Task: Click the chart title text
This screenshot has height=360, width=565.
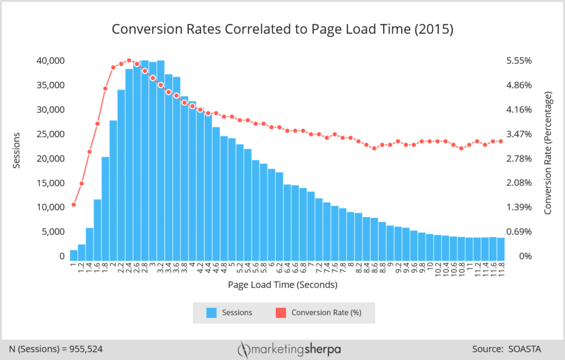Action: [x=282, y=29]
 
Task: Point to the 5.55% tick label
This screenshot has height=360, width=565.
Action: [x=519, y=61]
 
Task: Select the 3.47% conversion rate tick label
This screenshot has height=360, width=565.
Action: [x=519, y=134]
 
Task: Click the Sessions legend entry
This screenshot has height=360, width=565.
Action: [x=230, y=313]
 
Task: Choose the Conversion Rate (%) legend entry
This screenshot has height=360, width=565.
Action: [x=318, y=313]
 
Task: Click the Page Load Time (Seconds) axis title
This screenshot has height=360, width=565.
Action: [x=282, y=285]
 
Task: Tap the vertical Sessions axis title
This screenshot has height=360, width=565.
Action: [x=17, y=150]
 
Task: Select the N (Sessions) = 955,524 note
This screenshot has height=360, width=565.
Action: [x=56, y=349]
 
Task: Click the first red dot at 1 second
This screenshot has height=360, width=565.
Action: [x=73, y=205]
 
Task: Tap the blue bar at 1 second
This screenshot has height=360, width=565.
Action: [x=73, y=255]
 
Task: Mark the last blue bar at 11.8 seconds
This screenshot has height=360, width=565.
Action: [x=500, y=249]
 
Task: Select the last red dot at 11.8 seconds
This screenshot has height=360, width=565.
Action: [x=500, y=141]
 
